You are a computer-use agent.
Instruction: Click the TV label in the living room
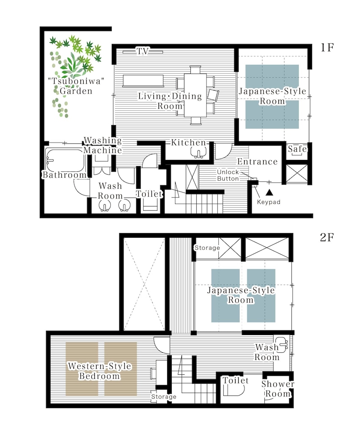[x=143, y=51]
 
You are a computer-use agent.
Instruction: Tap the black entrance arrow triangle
[x=269, y=192]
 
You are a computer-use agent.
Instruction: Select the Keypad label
[x=269, y=202]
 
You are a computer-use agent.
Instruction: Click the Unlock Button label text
[x=228, y=176]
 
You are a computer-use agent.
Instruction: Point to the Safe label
[x=297, y=149]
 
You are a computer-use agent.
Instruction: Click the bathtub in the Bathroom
[x=65, y=160]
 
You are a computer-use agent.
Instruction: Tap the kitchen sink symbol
[x=199, y=153]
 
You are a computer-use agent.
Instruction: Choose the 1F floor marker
[x=327, y=47]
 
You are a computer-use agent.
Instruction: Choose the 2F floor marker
[x=327, y=237]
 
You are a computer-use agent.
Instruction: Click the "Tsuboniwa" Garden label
[x=76, y=86]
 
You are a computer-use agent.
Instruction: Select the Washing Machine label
[x=102, y=145]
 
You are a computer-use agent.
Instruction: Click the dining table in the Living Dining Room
[x=195, y=95]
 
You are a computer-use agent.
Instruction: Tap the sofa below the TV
[x=143, y=81]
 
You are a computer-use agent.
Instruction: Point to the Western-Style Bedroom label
[x=99, y=371]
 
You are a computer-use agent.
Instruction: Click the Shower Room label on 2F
[x=278, y=389]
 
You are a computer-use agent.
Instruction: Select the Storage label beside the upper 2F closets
[x=207, y=247]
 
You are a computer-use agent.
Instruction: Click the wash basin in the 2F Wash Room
[x=282, y=345]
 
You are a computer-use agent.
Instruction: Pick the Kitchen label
[x=188, y=143]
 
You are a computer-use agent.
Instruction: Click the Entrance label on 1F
[x=258, y=162]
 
